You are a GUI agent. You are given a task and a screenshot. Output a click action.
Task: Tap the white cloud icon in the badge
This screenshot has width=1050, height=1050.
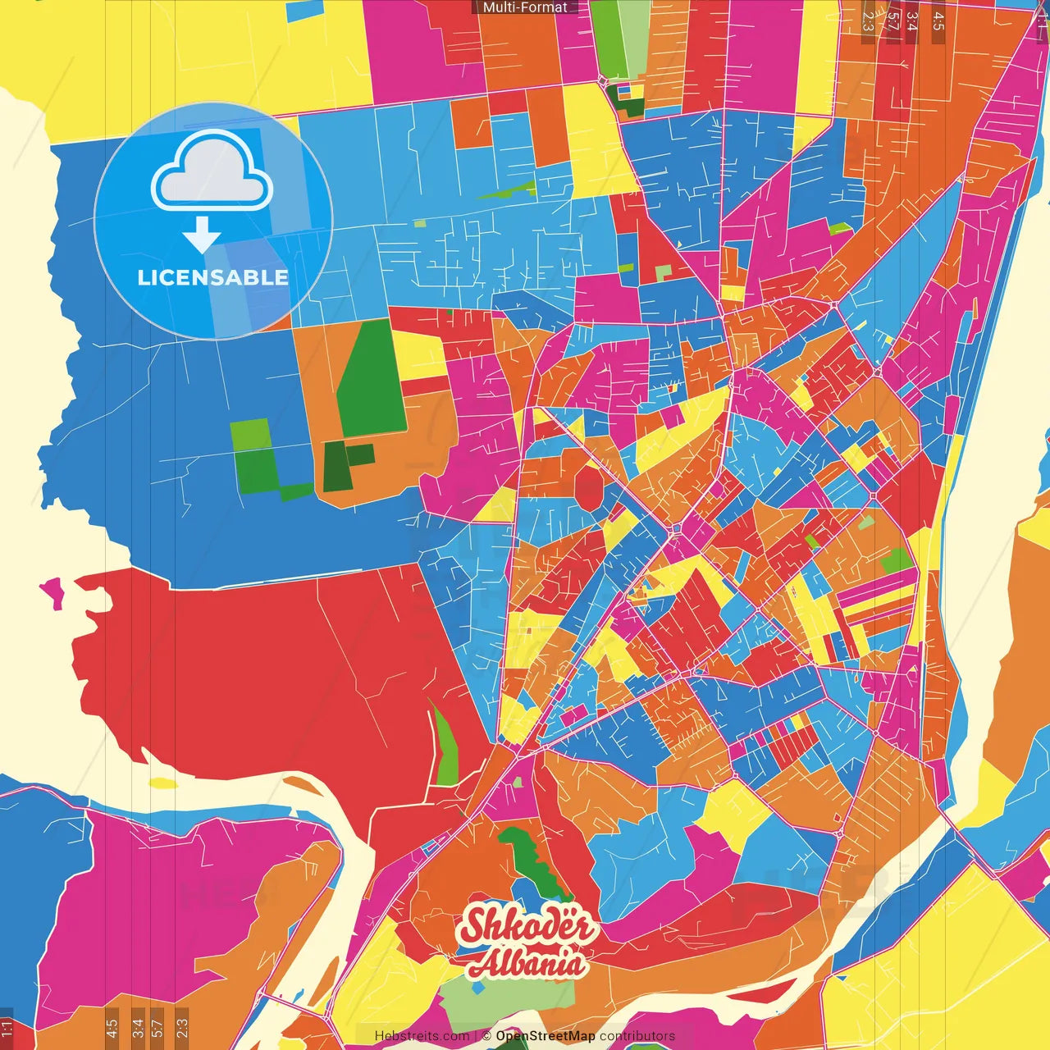pyautogui.click(x=212, y=170)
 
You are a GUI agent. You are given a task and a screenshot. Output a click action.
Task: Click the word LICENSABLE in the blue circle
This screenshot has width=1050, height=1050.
pyautogui.click(x=212, y=277)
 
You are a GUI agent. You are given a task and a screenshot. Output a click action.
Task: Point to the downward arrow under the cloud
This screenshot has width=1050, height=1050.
pyautogui.click(x=202, y=235)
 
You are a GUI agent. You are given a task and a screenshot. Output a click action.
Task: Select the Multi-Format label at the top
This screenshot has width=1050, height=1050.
pyautogui.click(x=525, y=7)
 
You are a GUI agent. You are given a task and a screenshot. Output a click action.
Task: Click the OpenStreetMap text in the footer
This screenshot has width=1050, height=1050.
pyautogui.click(x=545, y=1036)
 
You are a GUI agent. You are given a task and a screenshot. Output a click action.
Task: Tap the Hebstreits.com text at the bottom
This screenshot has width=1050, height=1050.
pyautogui.click(x=422, y=1036)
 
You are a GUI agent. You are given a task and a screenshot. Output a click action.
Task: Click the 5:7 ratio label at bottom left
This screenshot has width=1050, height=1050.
pyautogui.click(x=157, y=1027)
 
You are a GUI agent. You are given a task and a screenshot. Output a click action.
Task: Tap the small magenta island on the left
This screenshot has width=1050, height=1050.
pyautogui.click(x=52, y=591)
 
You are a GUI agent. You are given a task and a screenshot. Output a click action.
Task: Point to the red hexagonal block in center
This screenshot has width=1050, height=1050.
pyautogui.click(x=588, y=489)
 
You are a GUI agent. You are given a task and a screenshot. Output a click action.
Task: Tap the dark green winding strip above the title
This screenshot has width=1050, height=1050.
pyautogui.click(x=533, y=861)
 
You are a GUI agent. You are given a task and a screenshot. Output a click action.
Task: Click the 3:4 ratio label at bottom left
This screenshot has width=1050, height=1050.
pyautogui.click(x=137, y=1027)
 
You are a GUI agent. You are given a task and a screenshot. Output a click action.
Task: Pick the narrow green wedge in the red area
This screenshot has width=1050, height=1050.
pyautogui.click(x=444, y=746)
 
